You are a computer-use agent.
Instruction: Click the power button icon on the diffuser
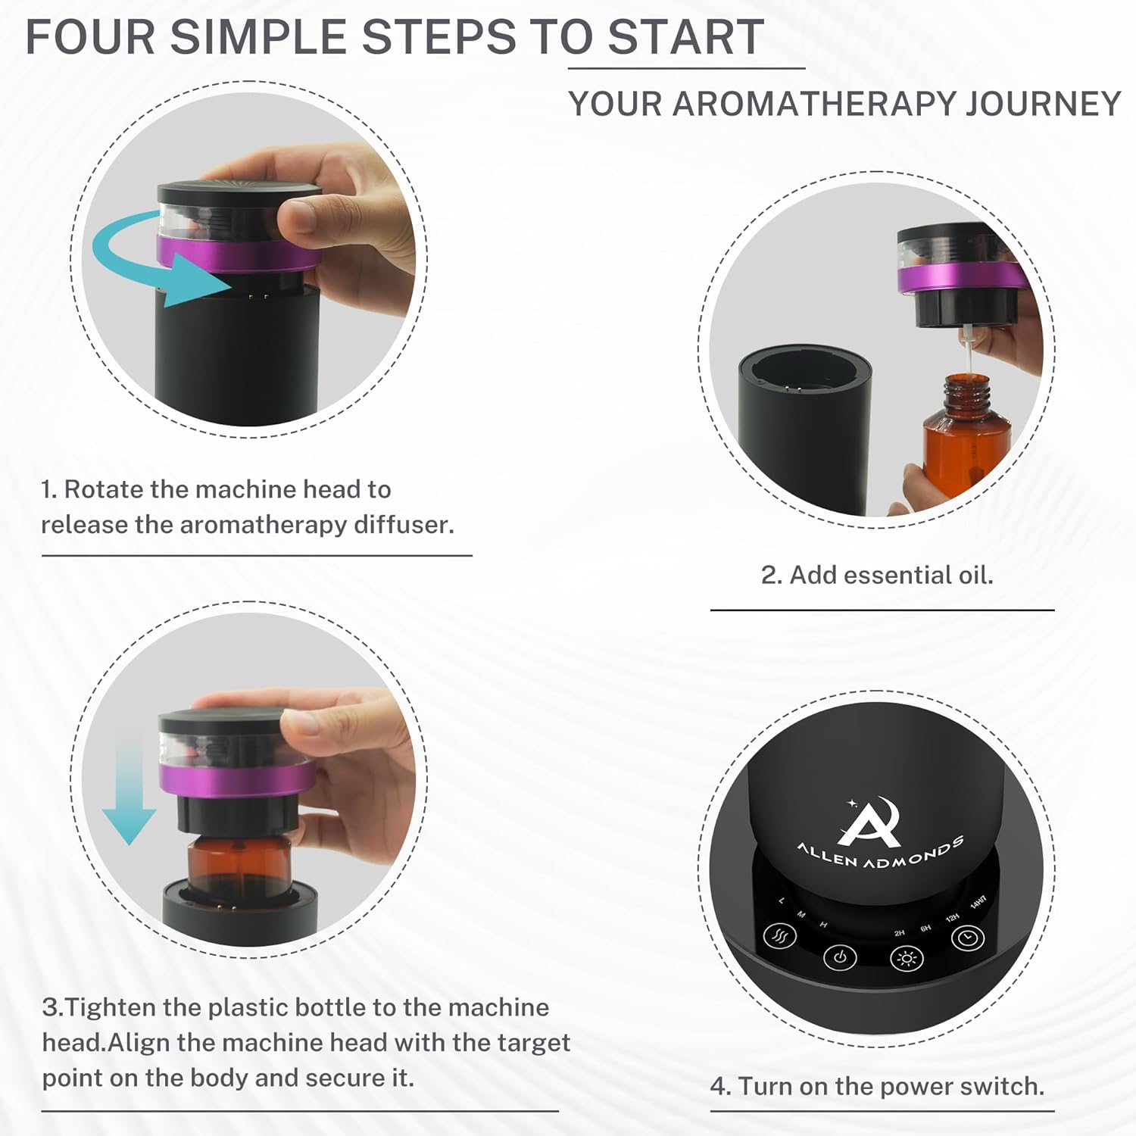[x=839, y=957]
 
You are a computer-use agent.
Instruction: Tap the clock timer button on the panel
[x=967, y=938]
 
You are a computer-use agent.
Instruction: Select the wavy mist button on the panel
[x=779, y=938]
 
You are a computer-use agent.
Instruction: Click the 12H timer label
[x=952, y=918]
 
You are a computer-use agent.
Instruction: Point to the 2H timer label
[x=899, y=933]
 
